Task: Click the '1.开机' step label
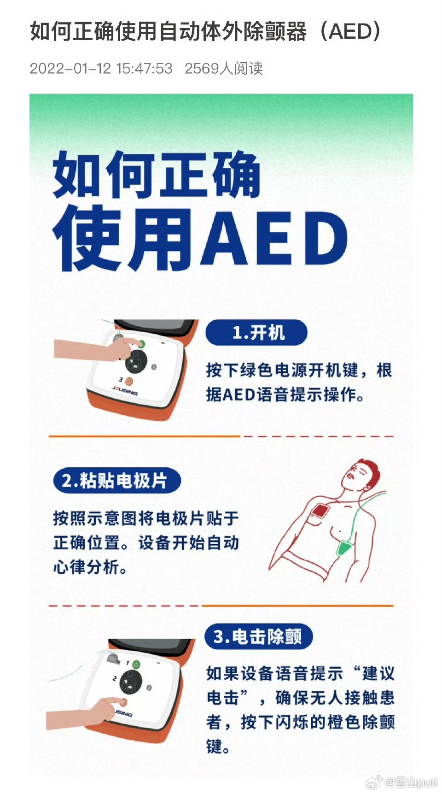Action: [x=256, y=332]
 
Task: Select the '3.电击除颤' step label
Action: [x=258, y=637]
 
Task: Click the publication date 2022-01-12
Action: [x=70, y=69]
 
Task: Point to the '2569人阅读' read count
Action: [x=223, y=69]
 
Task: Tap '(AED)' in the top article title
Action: [x=350, y=31]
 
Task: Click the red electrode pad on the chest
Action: [x=319, y=511]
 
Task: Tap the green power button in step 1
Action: [x=141, y=344]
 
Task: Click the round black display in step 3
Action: [x=131, y=682]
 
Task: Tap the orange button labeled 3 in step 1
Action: [x=129, y=381]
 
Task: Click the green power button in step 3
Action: [x=136, y=664]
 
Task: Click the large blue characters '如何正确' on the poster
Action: [x=157, y=175]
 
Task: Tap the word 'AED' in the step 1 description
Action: [x=238, y=395]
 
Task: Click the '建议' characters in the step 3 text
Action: [x=378, y=674]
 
